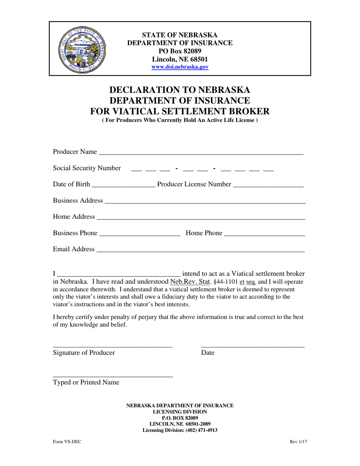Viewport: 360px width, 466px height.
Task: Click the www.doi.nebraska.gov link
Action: pos(180,67)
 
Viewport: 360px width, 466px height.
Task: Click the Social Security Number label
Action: pos(87,168)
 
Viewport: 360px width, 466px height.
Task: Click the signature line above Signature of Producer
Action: pos(113,346)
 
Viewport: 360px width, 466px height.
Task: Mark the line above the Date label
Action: pos(253,346)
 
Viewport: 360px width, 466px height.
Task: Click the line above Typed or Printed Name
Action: pos(113,375)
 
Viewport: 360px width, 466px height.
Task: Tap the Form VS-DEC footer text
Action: pos(67,441)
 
